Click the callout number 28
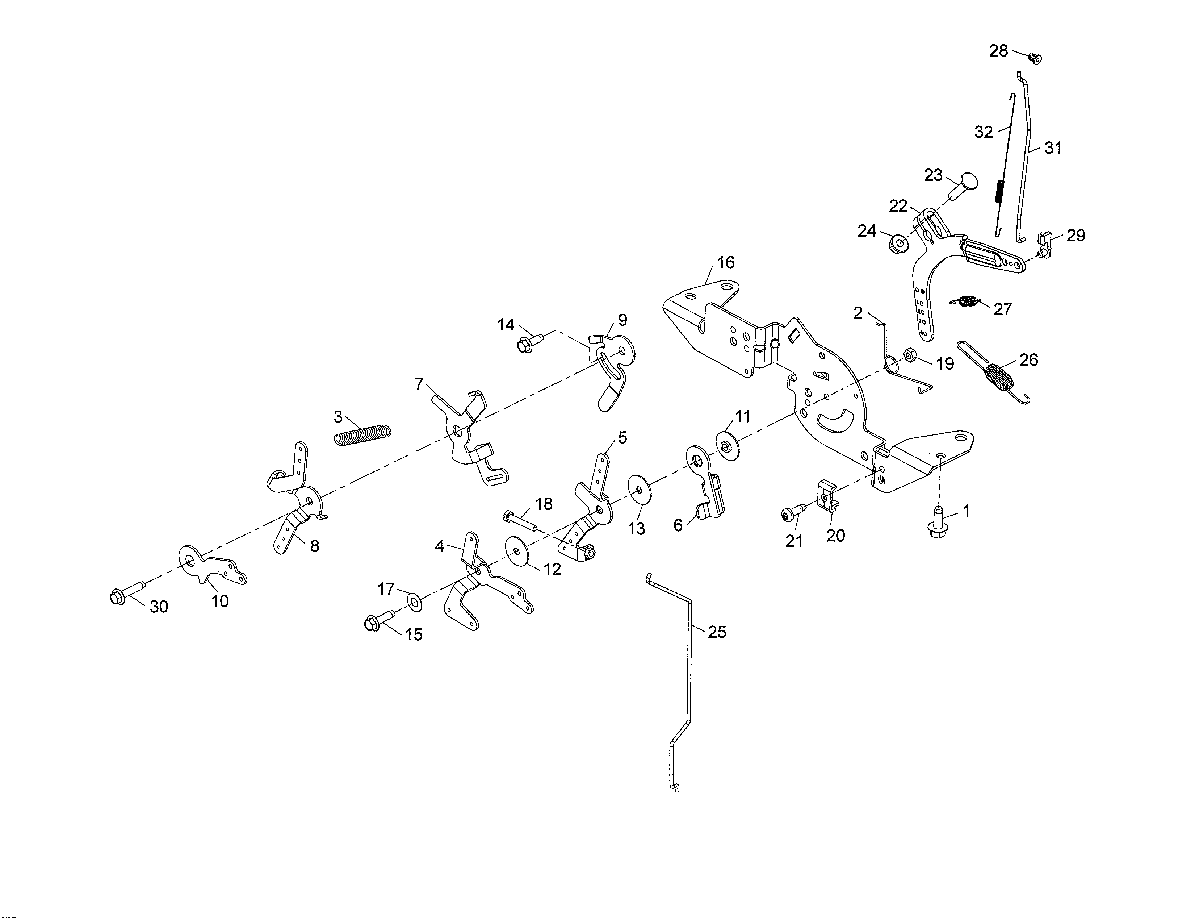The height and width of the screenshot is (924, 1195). click(x=999, y=51)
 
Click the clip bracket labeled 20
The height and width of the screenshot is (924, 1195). click(x=827, y=495)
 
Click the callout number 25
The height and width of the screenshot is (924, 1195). click(x=717, y=632)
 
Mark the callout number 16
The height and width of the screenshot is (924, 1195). click(x=726, y=262)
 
